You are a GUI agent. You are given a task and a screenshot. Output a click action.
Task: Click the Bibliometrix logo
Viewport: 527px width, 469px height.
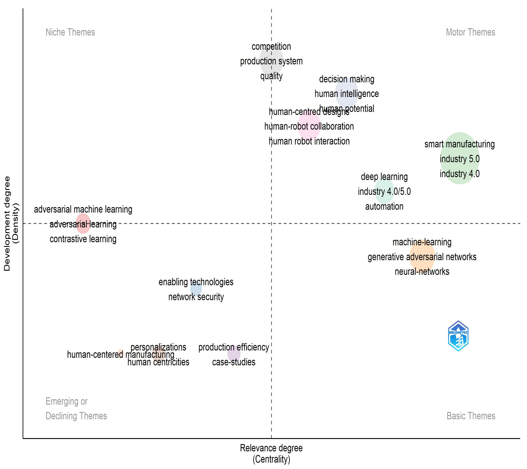458,336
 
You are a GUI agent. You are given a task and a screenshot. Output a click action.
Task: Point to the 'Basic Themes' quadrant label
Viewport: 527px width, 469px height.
471,416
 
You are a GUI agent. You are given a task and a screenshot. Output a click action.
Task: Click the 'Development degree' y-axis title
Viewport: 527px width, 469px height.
7,223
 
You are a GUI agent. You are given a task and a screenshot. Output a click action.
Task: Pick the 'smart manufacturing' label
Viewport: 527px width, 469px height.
459,144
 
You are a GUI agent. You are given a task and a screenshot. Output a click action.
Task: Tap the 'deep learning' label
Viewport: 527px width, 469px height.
384,177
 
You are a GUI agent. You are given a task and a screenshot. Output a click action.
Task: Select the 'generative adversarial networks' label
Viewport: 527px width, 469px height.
422,257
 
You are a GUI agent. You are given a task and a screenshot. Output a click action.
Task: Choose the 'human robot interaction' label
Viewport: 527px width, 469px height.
309,141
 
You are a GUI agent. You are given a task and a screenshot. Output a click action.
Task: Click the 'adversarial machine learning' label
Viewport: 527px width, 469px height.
83,209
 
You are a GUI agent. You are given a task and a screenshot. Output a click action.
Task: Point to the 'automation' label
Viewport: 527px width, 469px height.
384,206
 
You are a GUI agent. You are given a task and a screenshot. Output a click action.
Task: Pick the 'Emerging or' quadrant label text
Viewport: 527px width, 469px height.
67,401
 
